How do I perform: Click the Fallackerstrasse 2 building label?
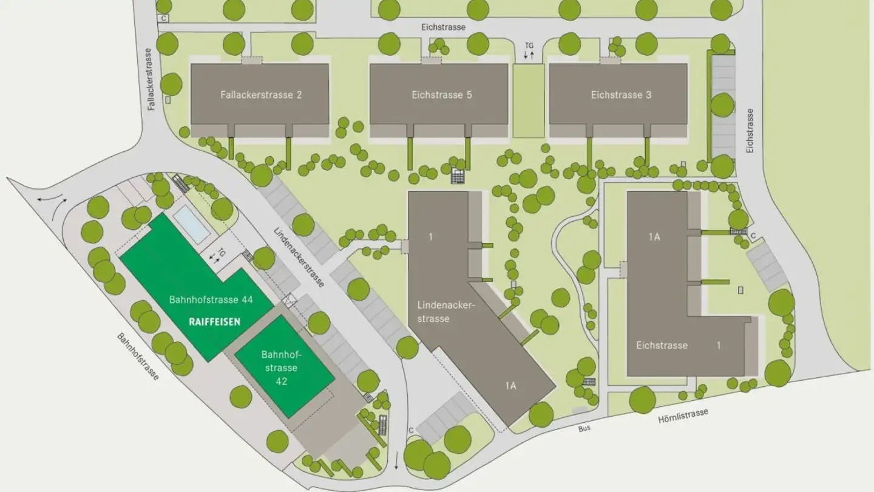261,95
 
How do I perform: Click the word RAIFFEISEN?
214,322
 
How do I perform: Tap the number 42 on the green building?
280,381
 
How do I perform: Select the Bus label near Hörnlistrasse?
584,428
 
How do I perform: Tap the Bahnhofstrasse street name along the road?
138,357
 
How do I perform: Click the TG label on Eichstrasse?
529,44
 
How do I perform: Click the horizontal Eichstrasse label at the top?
443,27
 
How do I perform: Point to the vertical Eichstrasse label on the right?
750,131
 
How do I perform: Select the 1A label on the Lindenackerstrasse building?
510,385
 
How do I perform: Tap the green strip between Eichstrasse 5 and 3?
528,101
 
